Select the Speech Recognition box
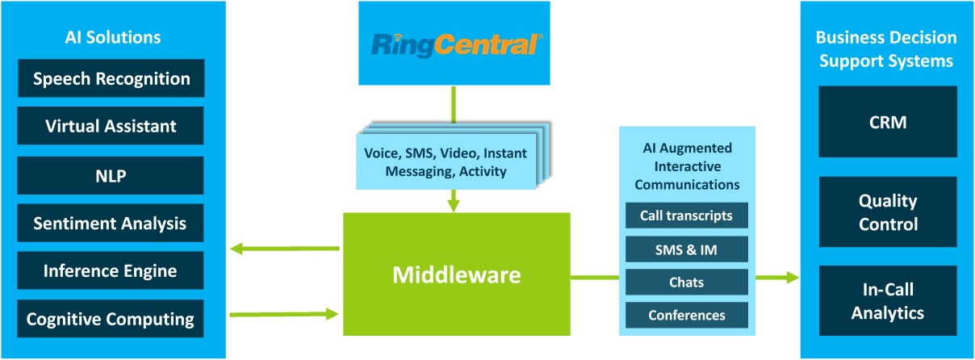[x=111, y=79]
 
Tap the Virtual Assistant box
[x=111, y=126]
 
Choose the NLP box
[x=111, y=174]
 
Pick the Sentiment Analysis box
[x=111, y=223]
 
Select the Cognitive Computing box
[x=111, y=319]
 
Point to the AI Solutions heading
[x=112, y=37]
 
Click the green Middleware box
[x=456, y=274]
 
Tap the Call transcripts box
[x=687, y=216]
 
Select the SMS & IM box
[x=687, y=249]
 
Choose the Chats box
[x=687, y=283]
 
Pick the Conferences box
[x=687, y=315]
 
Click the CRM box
[x=887, y=122]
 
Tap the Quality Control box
[x=887, y=211]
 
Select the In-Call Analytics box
[x=887, y=300]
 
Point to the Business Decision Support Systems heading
[x=886, y=49]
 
